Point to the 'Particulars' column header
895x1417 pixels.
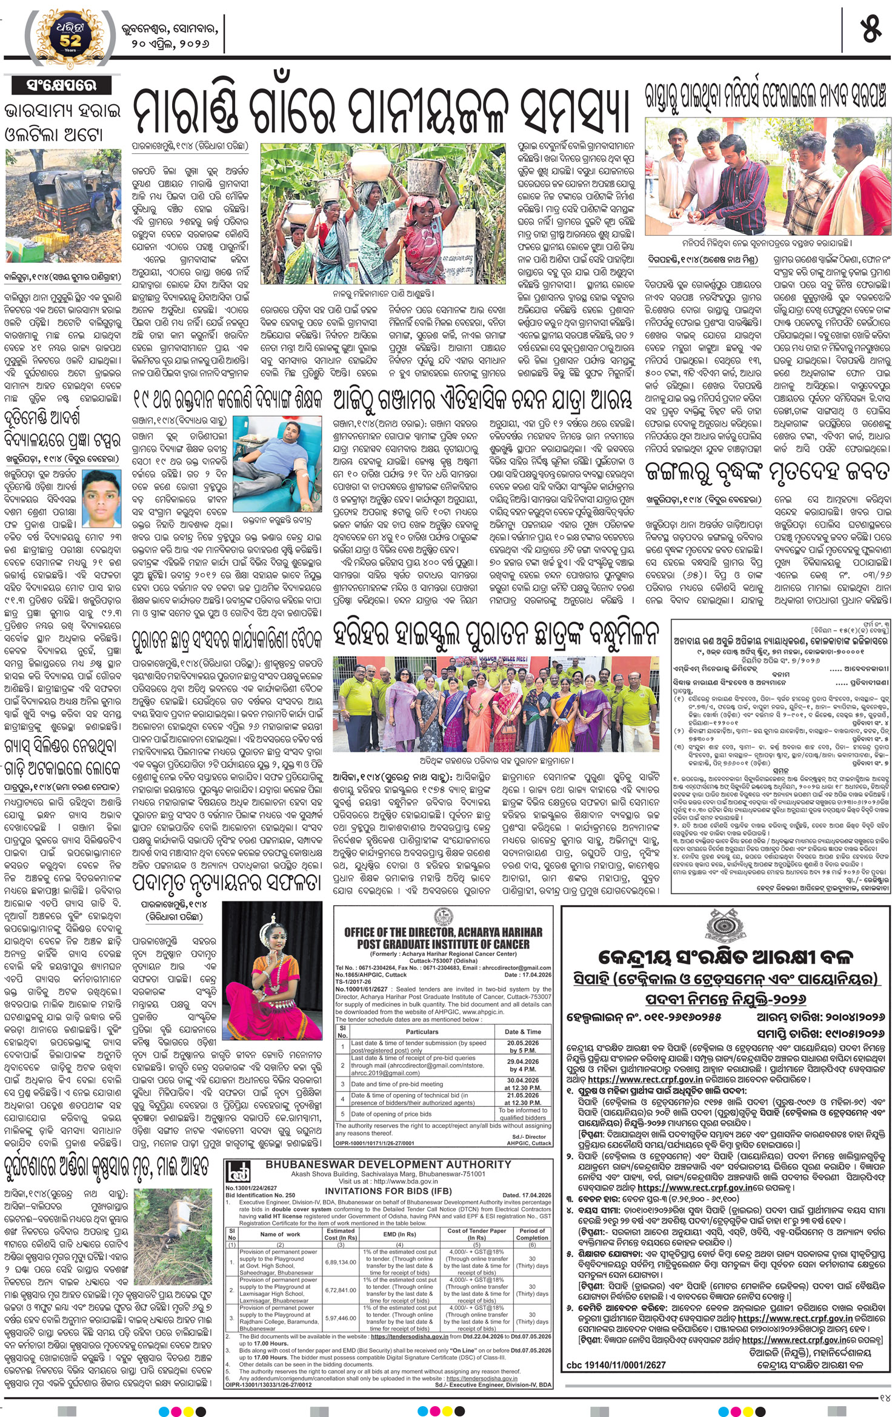pyautogui.click(x=422, y=1032)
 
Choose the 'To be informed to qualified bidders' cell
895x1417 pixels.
pyautogui.click(x=523, y=1114)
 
